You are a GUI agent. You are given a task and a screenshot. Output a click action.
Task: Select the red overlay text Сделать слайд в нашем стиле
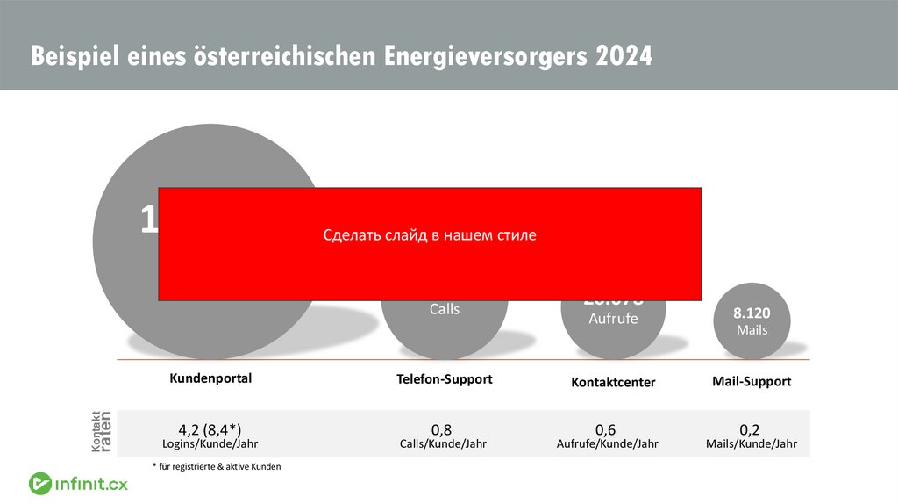coord(429,235)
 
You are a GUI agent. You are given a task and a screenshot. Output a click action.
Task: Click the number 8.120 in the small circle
coord(752,313)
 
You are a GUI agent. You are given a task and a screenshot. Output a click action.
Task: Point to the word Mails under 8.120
coord(752,330)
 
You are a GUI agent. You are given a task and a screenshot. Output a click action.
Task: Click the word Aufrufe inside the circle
coord(613,319)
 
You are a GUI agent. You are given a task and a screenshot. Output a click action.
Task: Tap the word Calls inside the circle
coord(444,309)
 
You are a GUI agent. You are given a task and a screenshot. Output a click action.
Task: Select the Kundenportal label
coord(210,378)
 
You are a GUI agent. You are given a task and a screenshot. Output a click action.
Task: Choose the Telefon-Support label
coord(445,379)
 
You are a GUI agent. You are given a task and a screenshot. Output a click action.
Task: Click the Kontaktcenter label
coord(613,383)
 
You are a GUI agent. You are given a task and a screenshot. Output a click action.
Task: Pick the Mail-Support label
coord(752,381)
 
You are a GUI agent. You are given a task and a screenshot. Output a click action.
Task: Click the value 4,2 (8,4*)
coord(210,429)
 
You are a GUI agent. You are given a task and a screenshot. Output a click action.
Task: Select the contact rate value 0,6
coord(606,429)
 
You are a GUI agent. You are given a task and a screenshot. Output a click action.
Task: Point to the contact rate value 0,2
coord(750,429)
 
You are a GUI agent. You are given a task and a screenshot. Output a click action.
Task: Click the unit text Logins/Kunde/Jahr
coord(210,444)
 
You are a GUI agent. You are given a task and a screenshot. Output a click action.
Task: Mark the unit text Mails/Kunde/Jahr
coord(752,444)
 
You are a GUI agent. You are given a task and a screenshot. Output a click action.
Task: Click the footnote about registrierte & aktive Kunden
coord(216,467)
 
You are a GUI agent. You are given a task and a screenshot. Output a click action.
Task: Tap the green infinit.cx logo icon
coord(40,484)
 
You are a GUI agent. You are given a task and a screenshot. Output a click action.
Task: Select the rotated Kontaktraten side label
coord(102,432)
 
